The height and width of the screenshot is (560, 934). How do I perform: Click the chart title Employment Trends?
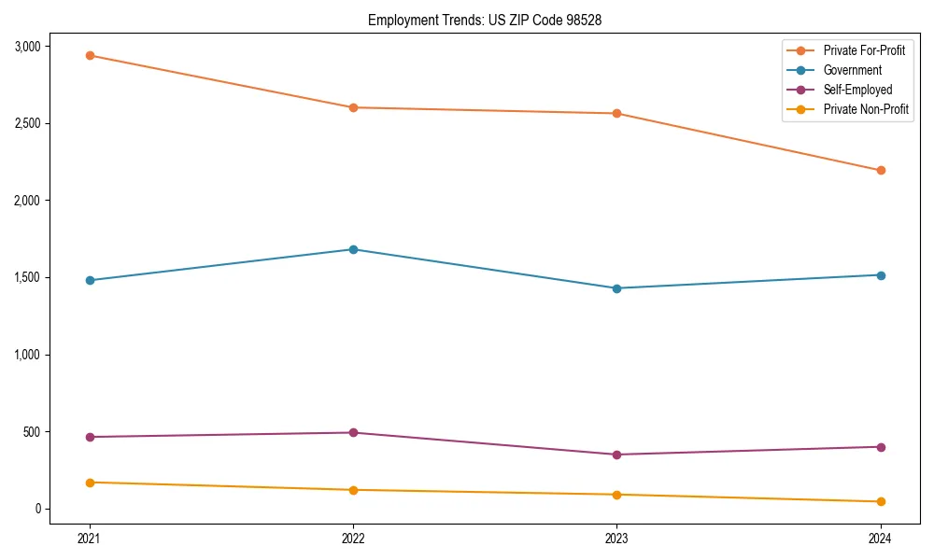(491, 20)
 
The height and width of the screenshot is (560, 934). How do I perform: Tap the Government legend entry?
(852, 70)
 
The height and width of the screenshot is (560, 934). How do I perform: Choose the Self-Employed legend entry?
(857, 90)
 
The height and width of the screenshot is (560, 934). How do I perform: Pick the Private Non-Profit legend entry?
(866, 109)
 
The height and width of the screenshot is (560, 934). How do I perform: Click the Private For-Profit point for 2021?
(90, 55)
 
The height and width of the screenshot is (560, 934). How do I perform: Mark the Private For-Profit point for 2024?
(880, 170)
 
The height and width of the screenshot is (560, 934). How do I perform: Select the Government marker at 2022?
(353, 249)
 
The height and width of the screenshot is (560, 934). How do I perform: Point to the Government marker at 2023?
(616, 288)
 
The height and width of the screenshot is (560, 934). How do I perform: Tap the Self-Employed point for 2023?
(616, 455)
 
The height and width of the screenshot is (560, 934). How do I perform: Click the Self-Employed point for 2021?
(90, 437)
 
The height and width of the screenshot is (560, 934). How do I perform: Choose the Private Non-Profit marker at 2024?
(880, 502)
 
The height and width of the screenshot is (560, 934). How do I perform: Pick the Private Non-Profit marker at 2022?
(353, 490)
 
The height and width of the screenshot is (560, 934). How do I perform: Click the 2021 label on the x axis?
(90, 538)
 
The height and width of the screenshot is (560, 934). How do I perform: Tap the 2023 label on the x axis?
(616, 538)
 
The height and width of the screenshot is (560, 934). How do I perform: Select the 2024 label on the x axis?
(880, 538)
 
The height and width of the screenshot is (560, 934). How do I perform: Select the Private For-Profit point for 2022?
(353, 107)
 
